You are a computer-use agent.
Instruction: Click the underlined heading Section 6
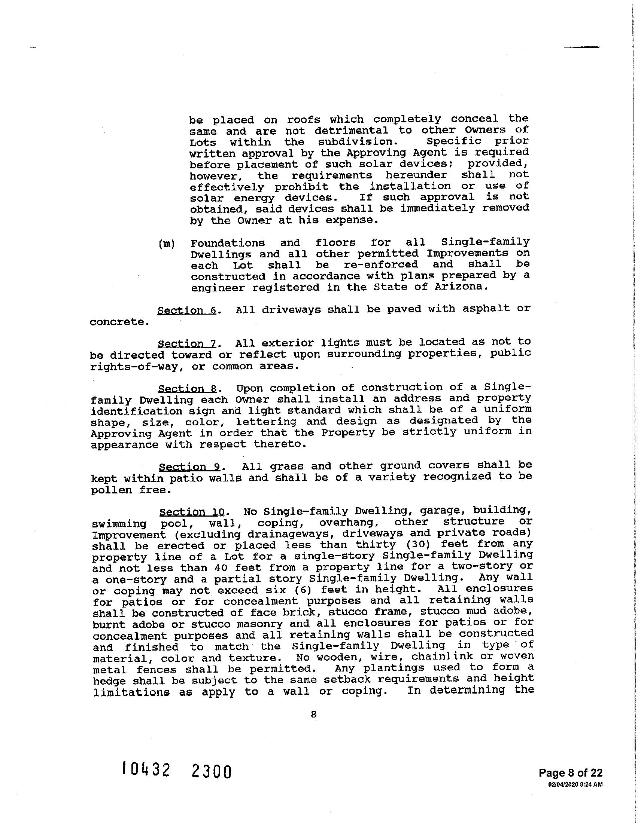point(187,310)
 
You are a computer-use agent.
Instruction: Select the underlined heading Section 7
point(187,344)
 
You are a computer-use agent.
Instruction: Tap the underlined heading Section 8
point(188,389)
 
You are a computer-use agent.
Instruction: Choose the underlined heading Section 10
point(192,512)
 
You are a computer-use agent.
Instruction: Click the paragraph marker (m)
point(166,244)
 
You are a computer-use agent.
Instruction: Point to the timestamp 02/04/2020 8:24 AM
point(575,784)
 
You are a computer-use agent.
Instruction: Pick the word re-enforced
point(381,264)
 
